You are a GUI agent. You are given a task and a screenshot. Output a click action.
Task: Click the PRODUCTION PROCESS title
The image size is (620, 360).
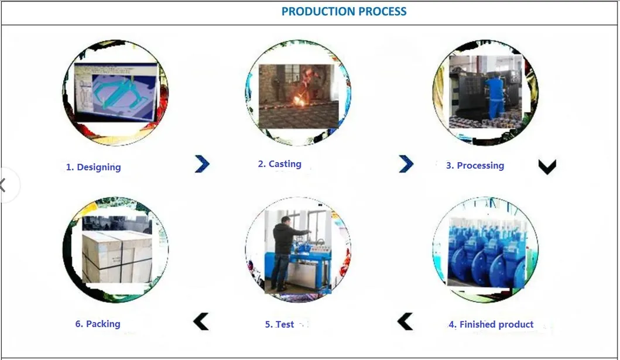click(x=344, y=12)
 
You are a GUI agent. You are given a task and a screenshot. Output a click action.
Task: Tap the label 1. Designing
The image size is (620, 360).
click(x=93, y=167)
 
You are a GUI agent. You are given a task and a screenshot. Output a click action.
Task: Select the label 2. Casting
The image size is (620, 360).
click(x=280, y=164)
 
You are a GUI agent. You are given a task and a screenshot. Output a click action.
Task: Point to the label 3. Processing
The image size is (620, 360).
click(x=475, y=166)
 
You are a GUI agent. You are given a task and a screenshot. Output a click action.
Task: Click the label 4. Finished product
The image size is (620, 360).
click(x=491, y=324)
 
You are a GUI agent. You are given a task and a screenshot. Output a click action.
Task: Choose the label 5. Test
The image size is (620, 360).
click(x=280, y=324)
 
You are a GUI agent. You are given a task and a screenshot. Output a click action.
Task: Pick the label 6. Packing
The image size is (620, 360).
click(x=98, y=324)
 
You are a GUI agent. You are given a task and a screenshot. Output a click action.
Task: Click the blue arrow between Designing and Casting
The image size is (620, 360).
click(x=202, y=164)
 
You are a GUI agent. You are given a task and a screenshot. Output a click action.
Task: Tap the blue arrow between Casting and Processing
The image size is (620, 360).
click(x=406, y=164)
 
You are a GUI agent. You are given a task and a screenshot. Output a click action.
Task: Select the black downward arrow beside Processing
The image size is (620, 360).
click(x=547, y=167)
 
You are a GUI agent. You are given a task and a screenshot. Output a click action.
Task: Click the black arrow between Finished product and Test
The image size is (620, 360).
click(x=405, y=321)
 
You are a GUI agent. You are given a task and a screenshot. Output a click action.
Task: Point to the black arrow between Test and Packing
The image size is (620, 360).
click(x=201, y=321)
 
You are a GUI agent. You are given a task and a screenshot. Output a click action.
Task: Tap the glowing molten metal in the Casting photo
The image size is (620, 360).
click(x=299, y=101)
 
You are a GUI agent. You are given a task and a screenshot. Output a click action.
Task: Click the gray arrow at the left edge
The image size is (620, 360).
click(x=4, y=186)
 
